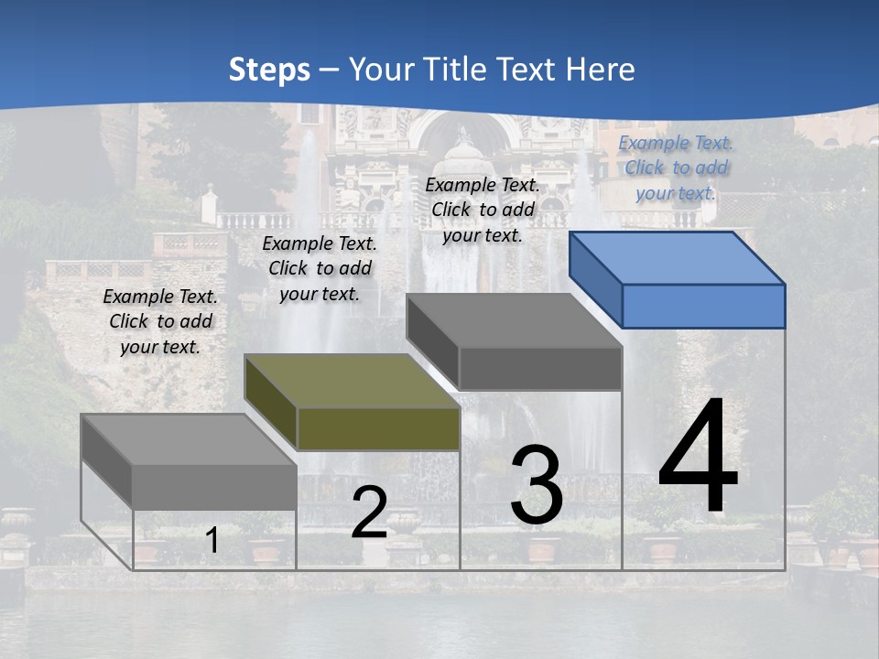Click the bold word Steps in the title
269,69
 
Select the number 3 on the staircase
537,485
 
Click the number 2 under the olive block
369,513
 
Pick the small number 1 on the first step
212,541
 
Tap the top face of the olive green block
351,381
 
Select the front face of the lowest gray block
214,487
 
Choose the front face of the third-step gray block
540,369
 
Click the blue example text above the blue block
676,167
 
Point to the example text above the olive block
320,268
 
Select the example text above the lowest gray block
160,321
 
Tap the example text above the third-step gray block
483,210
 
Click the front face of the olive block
378,428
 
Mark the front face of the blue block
703,306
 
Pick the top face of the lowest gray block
189,439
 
